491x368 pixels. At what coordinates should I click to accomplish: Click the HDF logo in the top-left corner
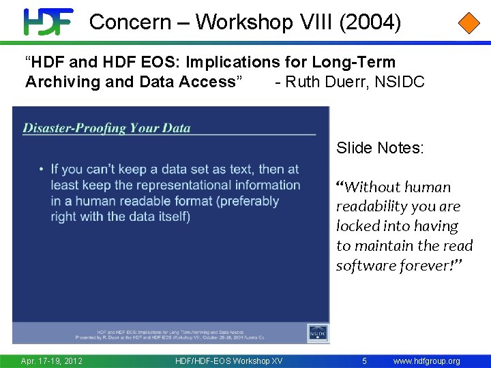tap(48, 22)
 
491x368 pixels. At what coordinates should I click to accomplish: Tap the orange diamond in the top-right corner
tap(468, 22)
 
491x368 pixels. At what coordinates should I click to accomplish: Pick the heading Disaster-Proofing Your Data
tap(107, 127)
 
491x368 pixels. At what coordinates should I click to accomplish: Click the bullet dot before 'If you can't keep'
tap(42, 170)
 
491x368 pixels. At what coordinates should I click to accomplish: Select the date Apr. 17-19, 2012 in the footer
tap(51, 361)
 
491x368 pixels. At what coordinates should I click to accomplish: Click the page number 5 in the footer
tap(365, 361)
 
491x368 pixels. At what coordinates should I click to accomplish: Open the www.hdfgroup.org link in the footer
tap(427, 361)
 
